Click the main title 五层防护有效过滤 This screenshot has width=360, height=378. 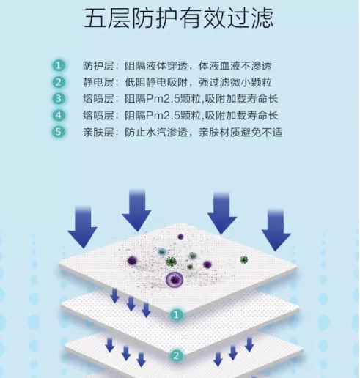179,18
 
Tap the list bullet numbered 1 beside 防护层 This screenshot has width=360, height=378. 59,66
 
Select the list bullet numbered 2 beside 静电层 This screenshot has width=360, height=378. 59,82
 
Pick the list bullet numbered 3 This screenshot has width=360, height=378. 59,99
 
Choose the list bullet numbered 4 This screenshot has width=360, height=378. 59,115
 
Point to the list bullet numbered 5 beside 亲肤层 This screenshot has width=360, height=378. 59,132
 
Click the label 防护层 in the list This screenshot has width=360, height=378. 98,66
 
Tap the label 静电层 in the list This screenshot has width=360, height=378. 98,83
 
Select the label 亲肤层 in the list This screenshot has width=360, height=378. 98,133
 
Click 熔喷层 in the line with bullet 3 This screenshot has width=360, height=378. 98,99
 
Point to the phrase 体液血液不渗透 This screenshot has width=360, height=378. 235,66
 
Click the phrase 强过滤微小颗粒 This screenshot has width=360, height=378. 235,83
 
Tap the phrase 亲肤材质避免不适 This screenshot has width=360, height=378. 240,133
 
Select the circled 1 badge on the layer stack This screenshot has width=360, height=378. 176,314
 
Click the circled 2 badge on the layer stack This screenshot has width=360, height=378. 176,355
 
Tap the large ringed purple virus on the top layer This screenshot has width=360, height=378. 174,279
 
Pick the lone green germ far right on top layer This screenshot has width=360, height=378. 243,259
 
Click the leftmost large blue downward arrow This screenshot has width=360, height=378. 83,227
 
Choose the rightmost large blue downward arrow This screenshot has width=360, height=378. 276,230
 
